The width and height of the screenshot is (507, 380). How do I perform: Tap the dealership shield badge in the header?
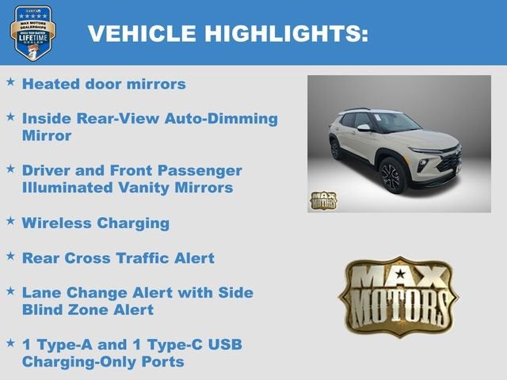click(33, 32)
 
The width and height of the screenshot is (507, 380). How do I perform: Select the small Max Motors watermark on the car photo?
click(322, 200)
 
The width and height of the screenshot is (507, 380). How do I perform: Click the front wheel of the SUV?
click(393, 176)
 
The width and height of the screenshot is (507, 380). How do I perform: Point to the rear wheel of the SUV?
click(335, 148)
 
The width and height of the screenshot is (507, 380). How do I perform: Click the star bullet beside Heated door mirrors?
click(10, 82)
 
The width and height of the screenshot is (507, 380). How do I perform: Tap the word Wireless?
click(57, 222)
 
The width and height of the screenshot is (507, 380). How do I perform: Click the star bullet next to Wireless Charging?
click(10, 221)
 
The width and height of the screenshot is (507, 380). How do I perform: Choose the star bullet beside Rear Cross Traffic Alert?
click(10, 256)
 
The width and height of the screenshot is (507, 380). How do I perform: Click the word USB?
click(225, 344)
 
